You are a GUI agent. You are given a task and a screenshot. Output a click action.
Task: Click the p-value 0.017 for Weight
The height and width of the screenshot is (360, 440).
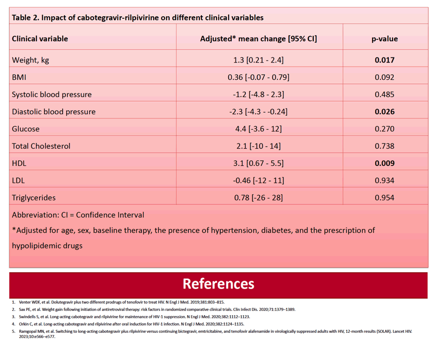pyautogui.click(x=385, y=60)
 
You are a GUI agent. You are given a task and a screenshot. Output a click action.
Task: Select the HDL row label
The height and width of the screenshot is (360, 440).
pyautogui.click(x=19, y=163)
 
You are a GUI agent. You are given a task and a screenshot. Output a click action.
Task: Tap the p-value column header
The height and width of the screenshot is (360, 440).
pyautogui.click(x=385, y=39)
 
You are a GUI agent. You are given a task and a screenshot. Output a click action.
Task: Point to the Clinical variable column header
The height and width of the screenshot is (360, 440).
pyautogui.click(x=40, y=39)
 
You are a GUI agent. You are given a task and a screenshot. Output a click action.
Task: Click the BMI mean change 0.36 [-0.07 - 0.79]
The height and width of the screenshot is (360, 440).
pyautogui.click(x=258, y=77)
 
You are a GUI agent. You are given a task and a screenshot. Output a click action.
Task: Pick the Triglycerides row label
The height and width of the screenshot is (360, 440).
pyautogui.click(x=34, y=198)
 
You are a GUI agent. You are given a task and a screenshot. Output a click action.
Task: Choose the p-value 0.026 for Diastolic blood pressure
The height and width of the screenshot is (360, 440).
pyautogui.click(x=385, y=112)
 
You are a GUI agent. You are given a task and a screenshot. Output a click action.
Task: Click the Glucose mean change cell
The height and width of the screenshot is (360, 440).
pyautogui.click(x=258, y=129)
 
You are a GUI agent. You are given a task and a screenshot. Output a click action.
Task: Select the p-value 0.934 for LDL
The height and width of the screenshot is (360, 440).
pyautogui.click(x=385, y=181)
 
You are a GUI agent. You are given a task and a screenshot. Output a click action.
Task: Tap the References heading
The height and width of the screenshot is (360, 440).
pyautogui.click(x=218, y=284)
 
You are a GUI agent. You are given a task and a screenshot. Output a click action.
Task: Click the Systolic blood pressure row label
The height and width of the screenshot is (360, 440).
pyautogui.click(x=52, y=94)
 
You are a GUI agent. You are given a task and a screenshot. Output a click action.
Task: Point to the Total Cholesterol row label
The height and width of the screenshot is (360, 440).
pyautogui.click(x=41, y=146)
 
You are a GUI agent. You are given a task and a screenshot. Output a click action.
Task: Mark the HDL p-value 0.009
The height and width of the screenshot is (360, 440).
pyautogui.click(x=385, y=163)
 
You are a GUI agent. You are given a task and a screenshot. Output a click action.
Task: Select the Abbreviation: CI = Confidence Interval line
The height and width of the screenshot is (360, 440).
pyautogui.click(x=78, y=215)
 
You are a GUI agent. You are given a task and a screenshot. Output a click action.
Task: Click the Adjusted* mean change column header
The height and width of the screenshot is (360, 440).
pyautogui.click(x=258, y=39)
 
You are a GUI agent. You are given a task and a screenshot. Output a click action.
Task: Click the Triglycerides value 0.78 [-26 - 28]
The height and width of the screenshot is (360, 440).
pyautogui.click(x=258, y=198)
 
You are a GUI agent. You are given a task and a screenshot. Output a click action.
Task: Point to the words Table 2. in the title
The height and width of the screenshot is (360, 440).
pyautogui.click(x=26, y=18)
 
